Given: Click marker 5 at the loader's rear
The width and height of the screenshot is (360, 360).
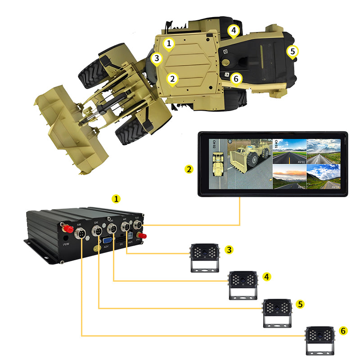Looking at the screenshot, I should (292, 52).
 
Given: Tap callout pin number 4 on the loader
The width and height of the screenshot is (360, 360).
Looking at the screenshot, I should (233, 31).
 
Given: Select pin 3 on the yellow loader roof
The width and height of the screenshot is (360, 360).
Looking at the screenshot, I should (156, 58).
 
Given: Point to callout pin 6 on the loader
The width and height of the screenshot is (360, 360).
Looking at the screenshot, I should (236, 78).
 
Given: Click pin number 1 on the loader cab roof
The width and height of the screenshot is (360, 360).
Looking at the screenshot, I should (169, 44).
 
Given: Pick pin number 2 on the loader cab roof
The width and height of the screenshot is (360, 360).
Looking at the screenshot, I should (172, 78).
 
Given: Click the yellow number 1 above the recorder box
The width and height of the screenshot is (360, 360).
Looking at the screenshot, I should (117, 198).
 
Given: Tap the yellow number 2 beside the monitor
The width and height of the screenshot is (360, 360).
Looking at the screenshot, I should (189, 169).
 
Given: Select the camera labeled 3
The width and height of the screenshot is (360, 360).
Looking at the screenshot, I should (204, 257).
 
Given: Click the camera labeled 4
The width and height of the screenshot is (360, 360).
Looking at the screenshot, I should (243, 284).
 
